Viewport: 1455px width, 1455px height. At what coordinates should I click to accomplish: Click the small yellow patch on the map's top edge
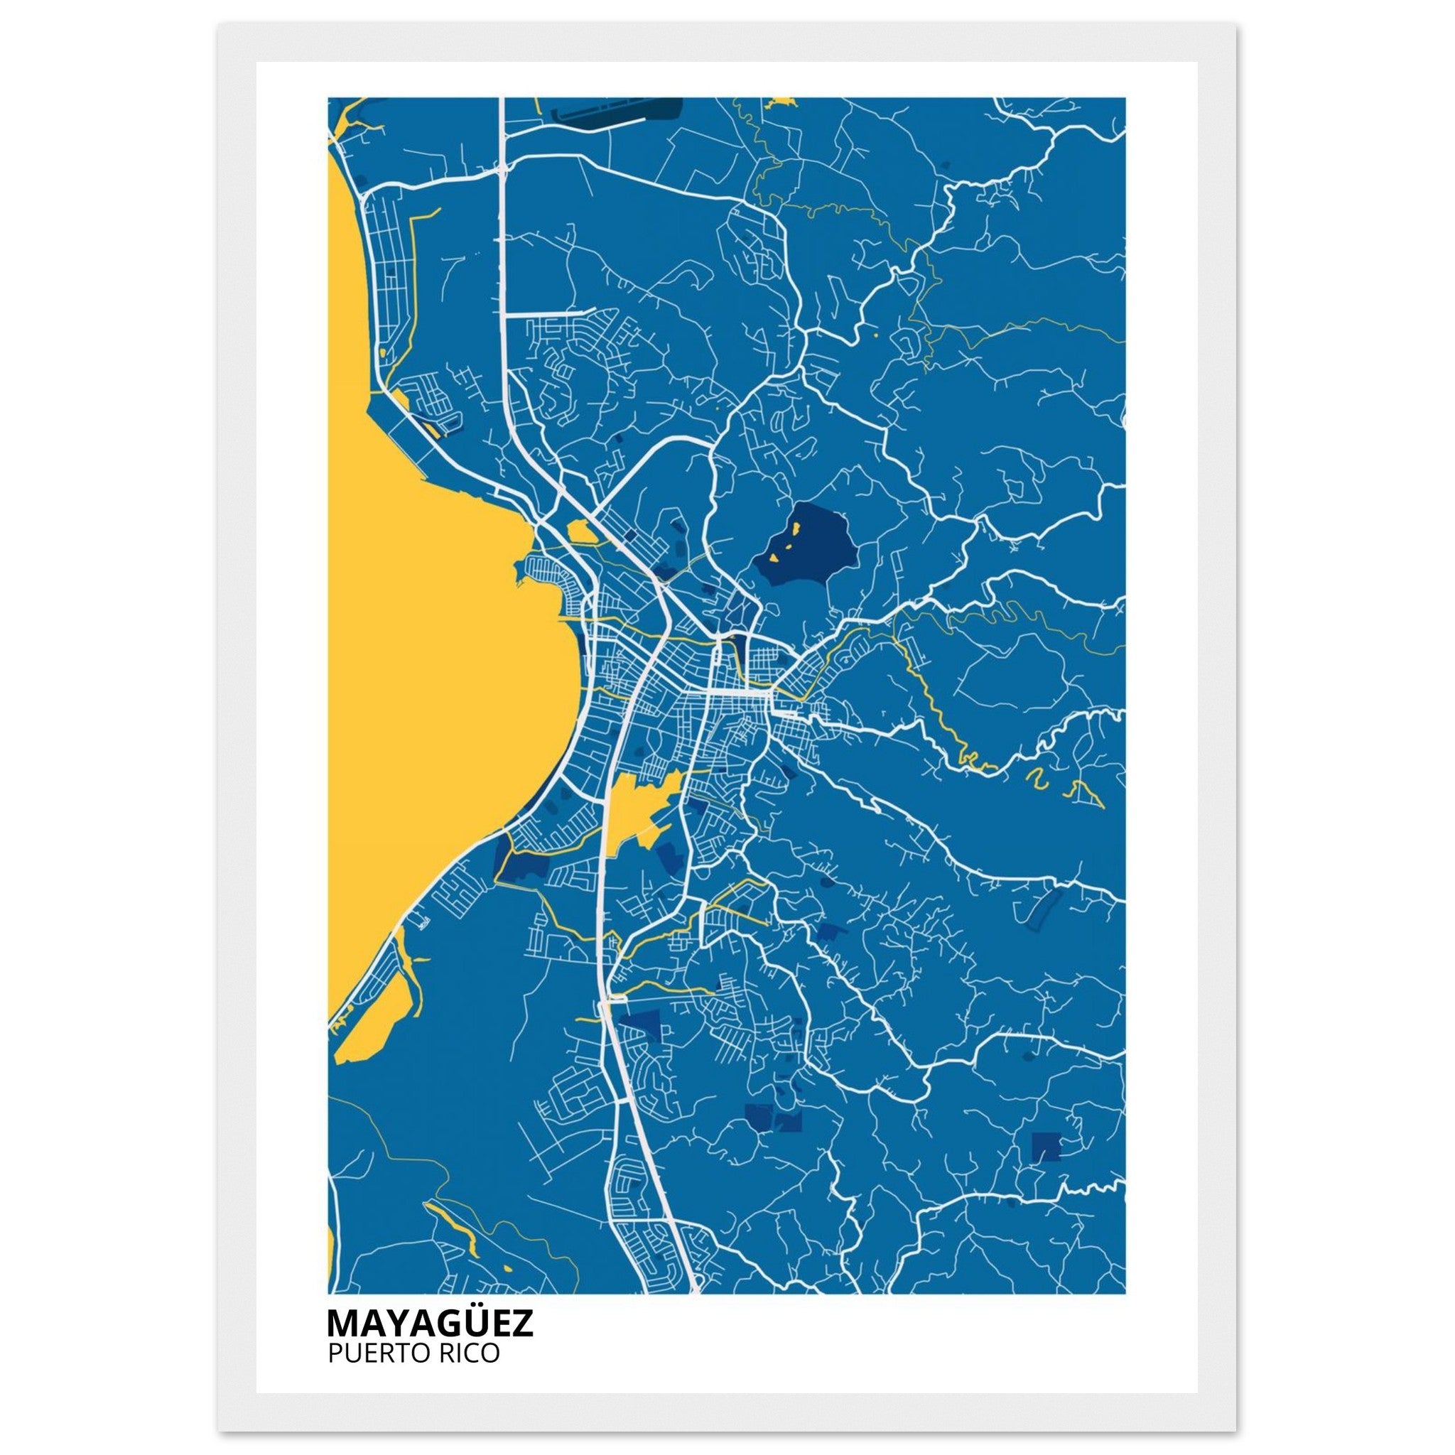tap(781, 102)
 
